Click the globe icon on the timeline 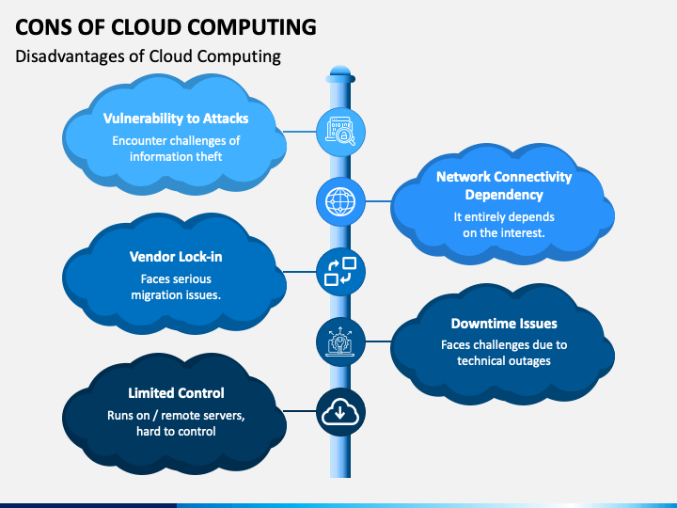pos(340,201)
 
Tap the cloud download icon pos(340,411)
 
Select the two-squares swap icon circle pos(340,271)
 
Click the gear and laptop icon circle pos(340,341)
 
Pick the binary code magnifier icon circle pos(340,132)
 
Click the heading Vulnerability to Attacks pos(176,119)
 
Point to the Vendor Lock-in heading pos(176,257)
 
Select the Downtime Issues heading pos(504,324)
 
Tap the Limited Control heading pos(176,393)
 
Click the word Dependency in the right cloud pos(504,195)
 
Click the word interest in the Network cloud pos(523,233)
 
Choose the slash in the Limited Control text pos(155,416)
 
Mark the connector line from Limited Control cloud pos(300,411)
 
